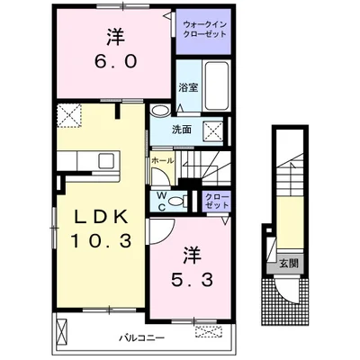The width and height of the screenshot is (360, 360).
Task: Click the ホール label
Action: [162, 160]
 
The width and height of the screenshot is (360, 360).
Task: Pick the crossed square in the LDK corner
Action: [68, 114]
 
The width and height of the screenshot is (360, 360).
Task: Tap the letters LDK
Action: [101, 218]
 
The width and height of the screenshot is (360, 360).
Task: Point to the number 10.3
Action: [101, 241]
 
